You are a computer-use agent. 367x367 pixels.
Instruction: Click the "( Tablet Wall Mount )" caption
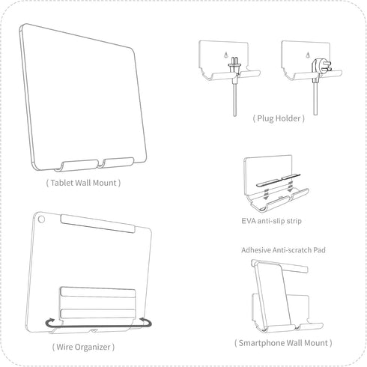(x=83, y=182)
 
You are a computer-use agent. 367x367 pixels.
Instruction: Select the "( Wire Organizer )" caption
(x=83, y=347)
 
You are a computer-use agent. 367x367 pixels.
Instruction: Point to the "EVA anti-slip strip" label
(x=272, y=222)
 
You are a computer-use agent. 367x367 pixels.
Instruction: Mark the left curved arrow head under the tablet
(x=47, y=323)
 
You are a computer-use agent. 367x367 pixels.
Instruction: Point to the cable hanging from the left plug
(x=235, y=97)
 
